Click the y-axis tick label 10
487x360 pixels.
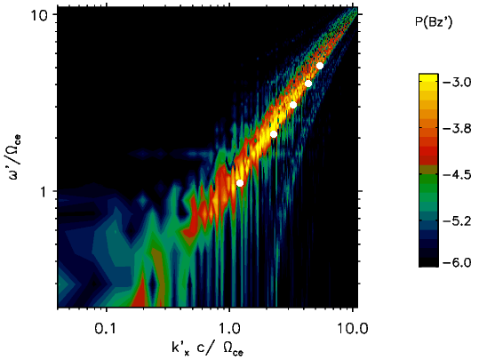tap(38, 14)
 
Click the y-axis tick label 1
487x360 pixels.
tap(42, 192)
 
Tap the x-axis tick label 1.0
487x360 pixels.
tap(229, 328)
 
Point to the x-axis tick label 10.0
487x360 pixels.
tap(353, 328)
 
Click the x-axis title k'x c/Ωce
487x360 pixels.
tap(207, 348)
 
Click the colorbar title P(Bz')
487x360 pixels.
tap(434, 23)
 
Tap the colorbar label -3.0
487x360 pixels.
tap(457, 83)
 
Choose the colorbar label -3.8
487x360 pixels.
tap(457, 128)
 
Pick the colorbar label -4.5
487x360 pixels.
tap(457, 175)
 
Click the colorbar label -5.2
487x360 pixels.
tap(457, 221)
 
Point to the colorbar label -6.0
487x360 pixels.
tap(457, 263)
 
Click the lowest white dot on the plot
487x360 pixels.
tap(240, 183)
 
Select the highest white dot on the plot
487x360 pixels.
tap(320, 66)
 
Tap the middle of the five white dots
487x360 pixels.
tap(293, 105)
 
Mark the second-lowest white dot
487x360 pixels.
tap(274, 134)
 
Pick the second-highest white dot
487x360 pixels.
tap(308, 84)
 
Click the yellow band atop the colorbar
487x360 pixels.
tap(428, 77)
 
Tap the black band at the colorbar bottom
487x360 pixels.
tap(428, 262)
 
